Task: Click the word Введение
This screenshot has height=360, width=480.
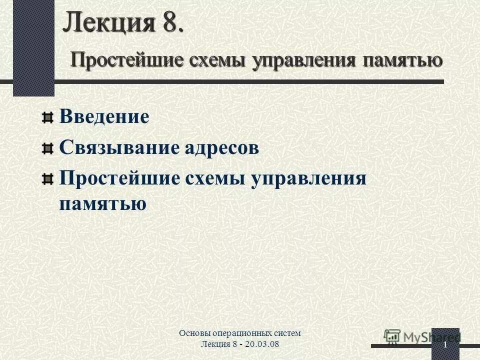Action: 104,117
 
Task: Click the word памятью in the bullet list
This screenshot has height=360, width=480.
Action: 102,204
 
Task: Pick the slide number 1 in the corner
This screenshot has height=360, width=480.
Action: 444,345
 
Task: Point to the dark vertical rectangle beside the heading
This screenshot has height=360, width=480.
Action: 33,47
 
